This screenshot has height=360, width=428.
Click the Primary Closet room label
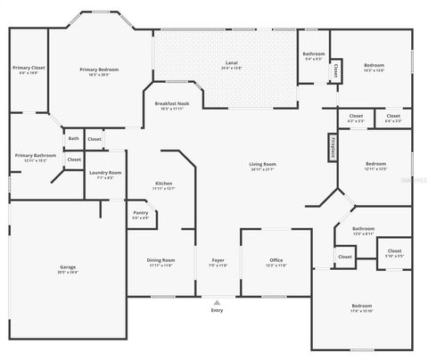(28, 68)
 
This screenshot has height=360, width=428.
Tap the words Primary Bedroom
(99, 70)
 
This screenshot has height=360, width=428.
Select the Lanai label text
(231, 62)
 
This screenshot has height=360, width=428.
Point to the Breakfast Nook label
(171, 103)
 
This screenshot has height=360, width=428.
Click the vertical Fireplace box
(332, 147)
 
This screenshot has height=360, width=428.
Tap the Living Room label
(262, 164)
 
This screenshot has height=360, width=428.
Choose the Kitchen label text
(163, 184)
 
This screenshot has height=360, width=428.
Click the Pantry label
(140, 213)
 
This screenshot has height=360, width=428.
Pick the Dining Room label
(161, 260)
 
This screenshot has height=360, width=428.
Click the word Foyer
(218, 260)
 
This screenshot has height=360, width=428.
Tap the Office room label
(276, 260)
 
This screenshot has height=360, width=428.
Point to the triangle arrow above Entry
(217, 302)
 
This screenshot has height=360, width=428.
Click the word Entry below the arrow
(217, 310)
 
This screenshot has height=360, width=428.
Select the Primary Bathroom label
(35, 156)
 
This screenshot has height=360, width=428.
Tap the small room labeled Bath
(73, 138)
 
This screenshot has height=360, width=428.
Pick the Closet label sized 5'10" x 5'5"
(394, 251)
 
